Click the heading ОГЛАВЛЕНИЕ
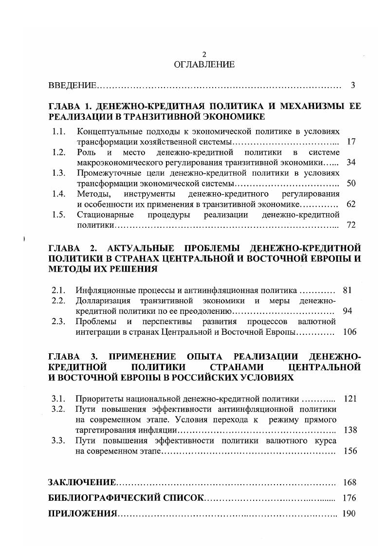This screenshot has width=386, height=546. pos(204,64)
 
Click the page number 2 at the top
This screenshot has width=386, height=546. pos(204,54)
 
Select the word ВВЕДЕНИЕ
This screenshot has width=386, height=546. pos(72,86)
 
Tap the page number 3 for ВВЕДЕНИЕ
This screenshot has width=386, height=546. pos(353,86)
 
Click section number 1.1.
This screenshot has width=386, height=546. pos(58,131)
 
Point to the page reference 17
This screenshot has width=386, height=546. pos(351,142)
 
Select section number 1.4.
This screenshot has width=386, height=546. pos(58,194)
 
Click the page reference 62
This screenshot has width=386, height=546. pos(351,204)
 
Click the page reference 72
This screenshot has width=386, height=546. pos(351,225)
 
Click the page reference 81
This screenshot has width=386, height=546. pos(347,291)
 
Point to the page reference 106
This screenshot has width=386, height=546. pos(349,332)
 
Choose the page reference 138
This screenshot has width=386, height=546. pos(350,430)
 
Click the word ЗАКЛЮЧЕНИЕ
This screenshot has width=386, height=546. pos(82,483)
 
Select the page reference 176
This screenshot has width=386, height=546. pos(349,498)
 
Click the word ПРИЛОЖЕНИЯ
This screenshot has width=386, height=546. pos(83,514)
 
